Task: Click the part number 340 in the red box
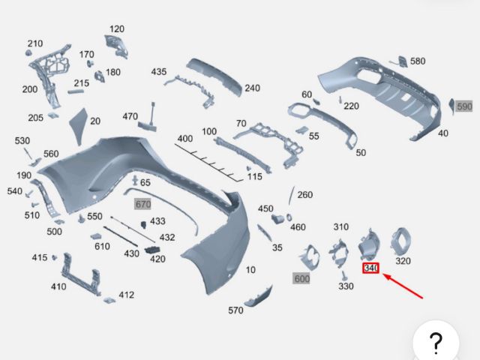(370, 268)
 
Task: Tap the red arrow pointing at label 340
(403, 286)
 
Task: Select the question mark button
(436, 341)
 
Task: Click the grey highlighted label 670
(143, 204)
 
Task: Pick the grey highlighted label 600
(301, 278)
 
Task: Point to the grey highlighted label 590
(464, 106)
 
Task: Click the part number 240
(252, 88)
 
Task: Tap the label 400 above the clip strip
(185, 138)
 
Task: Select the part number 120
(117, 29)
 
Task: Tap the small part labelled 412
(109, 300)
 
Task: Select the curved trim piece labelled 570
(259, 296)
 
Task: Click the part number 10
(250, 270)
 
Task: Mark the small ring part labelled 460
(289, 217)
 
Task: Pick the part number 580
(418, 61)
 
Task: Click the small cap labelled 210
(28, 53)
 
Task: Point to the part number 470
(130, 117)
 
